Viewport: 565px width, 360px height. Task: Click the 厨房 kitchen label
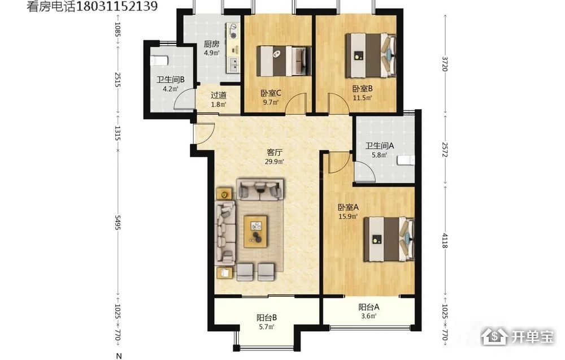[211, 44]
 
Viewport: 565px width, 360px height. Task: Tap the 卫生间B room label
[171, 80]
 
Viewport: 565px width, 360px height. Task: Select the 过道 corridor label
[218, 95]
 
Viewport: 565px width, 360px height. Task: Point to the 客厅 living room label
[274, 152]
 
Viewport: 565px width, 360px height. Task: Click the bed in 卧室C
[284, 61]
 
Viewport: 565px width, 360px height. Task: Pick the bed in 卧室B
[371, 55]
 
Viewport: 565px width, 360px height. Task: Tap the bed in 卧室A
[389, 239]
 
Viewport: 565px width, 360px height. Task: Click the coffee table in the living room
[255, 231]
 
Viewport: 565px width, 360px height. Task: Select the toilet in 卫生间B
[159, 60]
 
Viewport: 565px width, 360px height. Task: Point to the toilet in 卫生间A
[406, 161]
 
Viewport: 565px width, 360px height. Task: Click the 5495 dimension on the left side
[118, 222]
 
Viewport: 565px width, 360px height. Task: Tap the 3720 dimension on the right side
[445, 64]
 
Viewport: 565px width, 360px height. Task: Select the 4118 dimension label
[445, 241]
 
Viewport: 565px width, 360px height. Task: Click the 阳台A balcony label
[368, 307]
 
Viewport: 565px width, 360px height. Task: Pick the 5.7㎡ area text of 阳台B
[267, 327]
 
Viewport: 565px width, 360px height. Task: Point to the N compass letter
[119, 356]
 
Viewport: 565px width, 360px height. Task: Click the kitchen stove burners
[234, 31]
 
